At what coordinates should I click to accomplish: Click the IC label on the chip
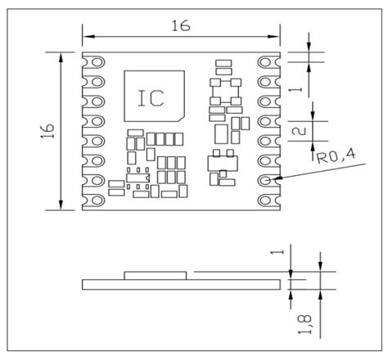coord(151,98)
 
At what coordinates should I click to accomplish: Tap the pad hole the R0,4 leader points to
coord(267,179)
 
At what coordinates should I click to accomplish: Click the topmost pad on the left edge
coord(94,64)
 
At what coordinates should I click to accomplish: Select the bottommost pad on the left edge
coord(94,199)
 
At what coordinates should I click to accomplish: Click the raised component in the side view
coord(155,274)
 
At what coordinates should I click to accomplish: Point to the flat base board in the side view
coord(181,284)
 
